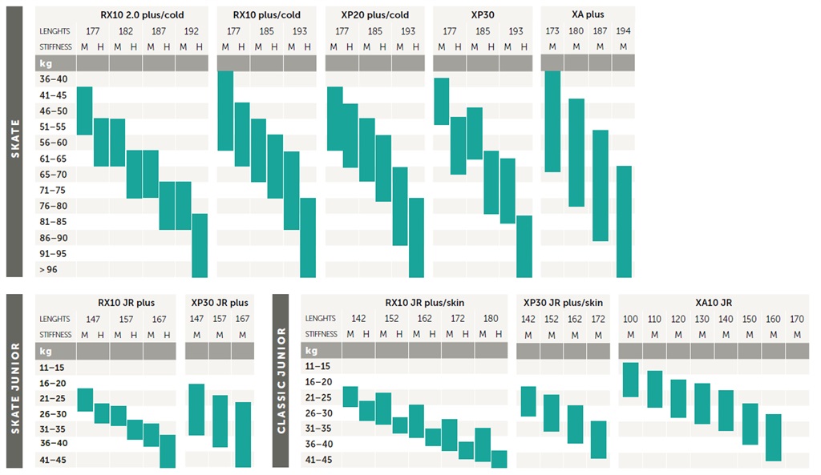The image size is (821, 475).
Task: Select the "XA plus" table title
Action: click(588, 14)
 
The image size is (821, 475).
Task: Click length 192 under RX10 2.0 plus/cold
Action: click(192, 30)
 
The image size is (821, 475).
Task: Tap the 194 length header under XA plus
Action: click(624, 30)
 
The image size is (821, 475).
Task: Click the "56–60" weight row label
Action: click(55, 143)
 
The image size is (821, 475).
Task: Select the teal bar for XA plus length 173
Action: click(552, 121)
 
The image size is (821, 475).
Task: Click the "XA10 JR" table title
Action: click(714, 302)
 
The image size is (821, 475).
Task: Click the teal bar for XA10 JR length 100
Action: click(630, 380)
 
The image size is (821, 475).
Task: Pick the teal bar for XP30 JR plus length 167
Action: click(242, 434)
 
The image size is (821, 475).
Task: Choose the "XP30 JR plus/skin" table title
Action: click(563, 302)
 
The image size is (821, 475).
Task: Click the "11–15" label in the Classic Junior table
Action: click(318, 365)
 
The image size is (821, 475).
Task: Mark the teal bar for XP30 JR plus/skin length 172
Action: click(598, 440)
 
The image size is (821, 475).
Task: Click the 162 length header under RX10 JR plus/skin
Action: click(424, 318)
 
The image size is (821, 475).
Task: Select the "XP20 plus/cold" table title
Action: click(374, 14)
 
